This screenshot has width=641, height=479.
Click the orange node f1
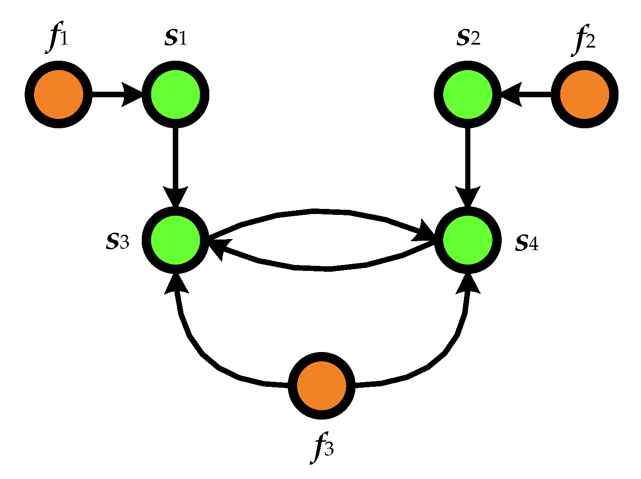point(58,94)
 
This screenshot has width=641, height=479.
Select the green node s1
point(175,94)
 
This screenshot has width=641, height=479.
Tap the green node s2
point(467,94)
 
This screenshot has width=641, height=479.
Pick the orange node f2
point(585,94)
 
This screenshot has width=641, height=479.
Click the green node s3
point(175,240)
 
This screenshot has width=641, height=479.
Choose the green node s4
point(467,240)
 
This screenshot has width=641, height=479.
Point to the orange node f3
point(321,386)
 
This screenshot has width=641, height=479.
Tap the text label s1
point(176,38)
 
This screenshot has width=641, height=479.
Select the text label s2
point(468,38)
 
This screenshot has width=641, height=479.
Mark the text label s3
point(118,242)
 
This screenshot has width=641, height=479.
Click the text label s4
point(527,244)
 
